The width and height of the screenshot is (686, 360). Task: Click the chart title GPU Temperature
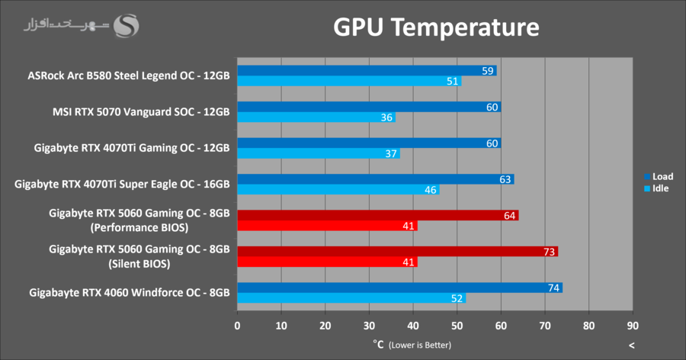(436, 28)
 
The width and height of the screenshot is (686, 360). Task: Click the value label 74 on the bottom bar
(554, 288)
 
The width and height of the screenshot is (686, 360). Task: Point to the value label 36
(387, 117)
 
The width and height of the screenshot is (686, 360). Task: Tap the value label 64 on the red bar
(510, 216)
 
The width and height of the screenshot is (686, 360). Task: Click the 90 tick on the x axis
(633, 326)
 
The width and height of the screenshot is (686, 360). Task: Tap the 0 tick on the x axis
(238, 326)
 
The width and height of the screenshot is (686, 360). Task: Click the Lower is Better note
(419, 346)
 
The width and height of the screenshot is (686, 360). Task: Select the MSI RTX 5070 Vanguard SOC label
(141, 111)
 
